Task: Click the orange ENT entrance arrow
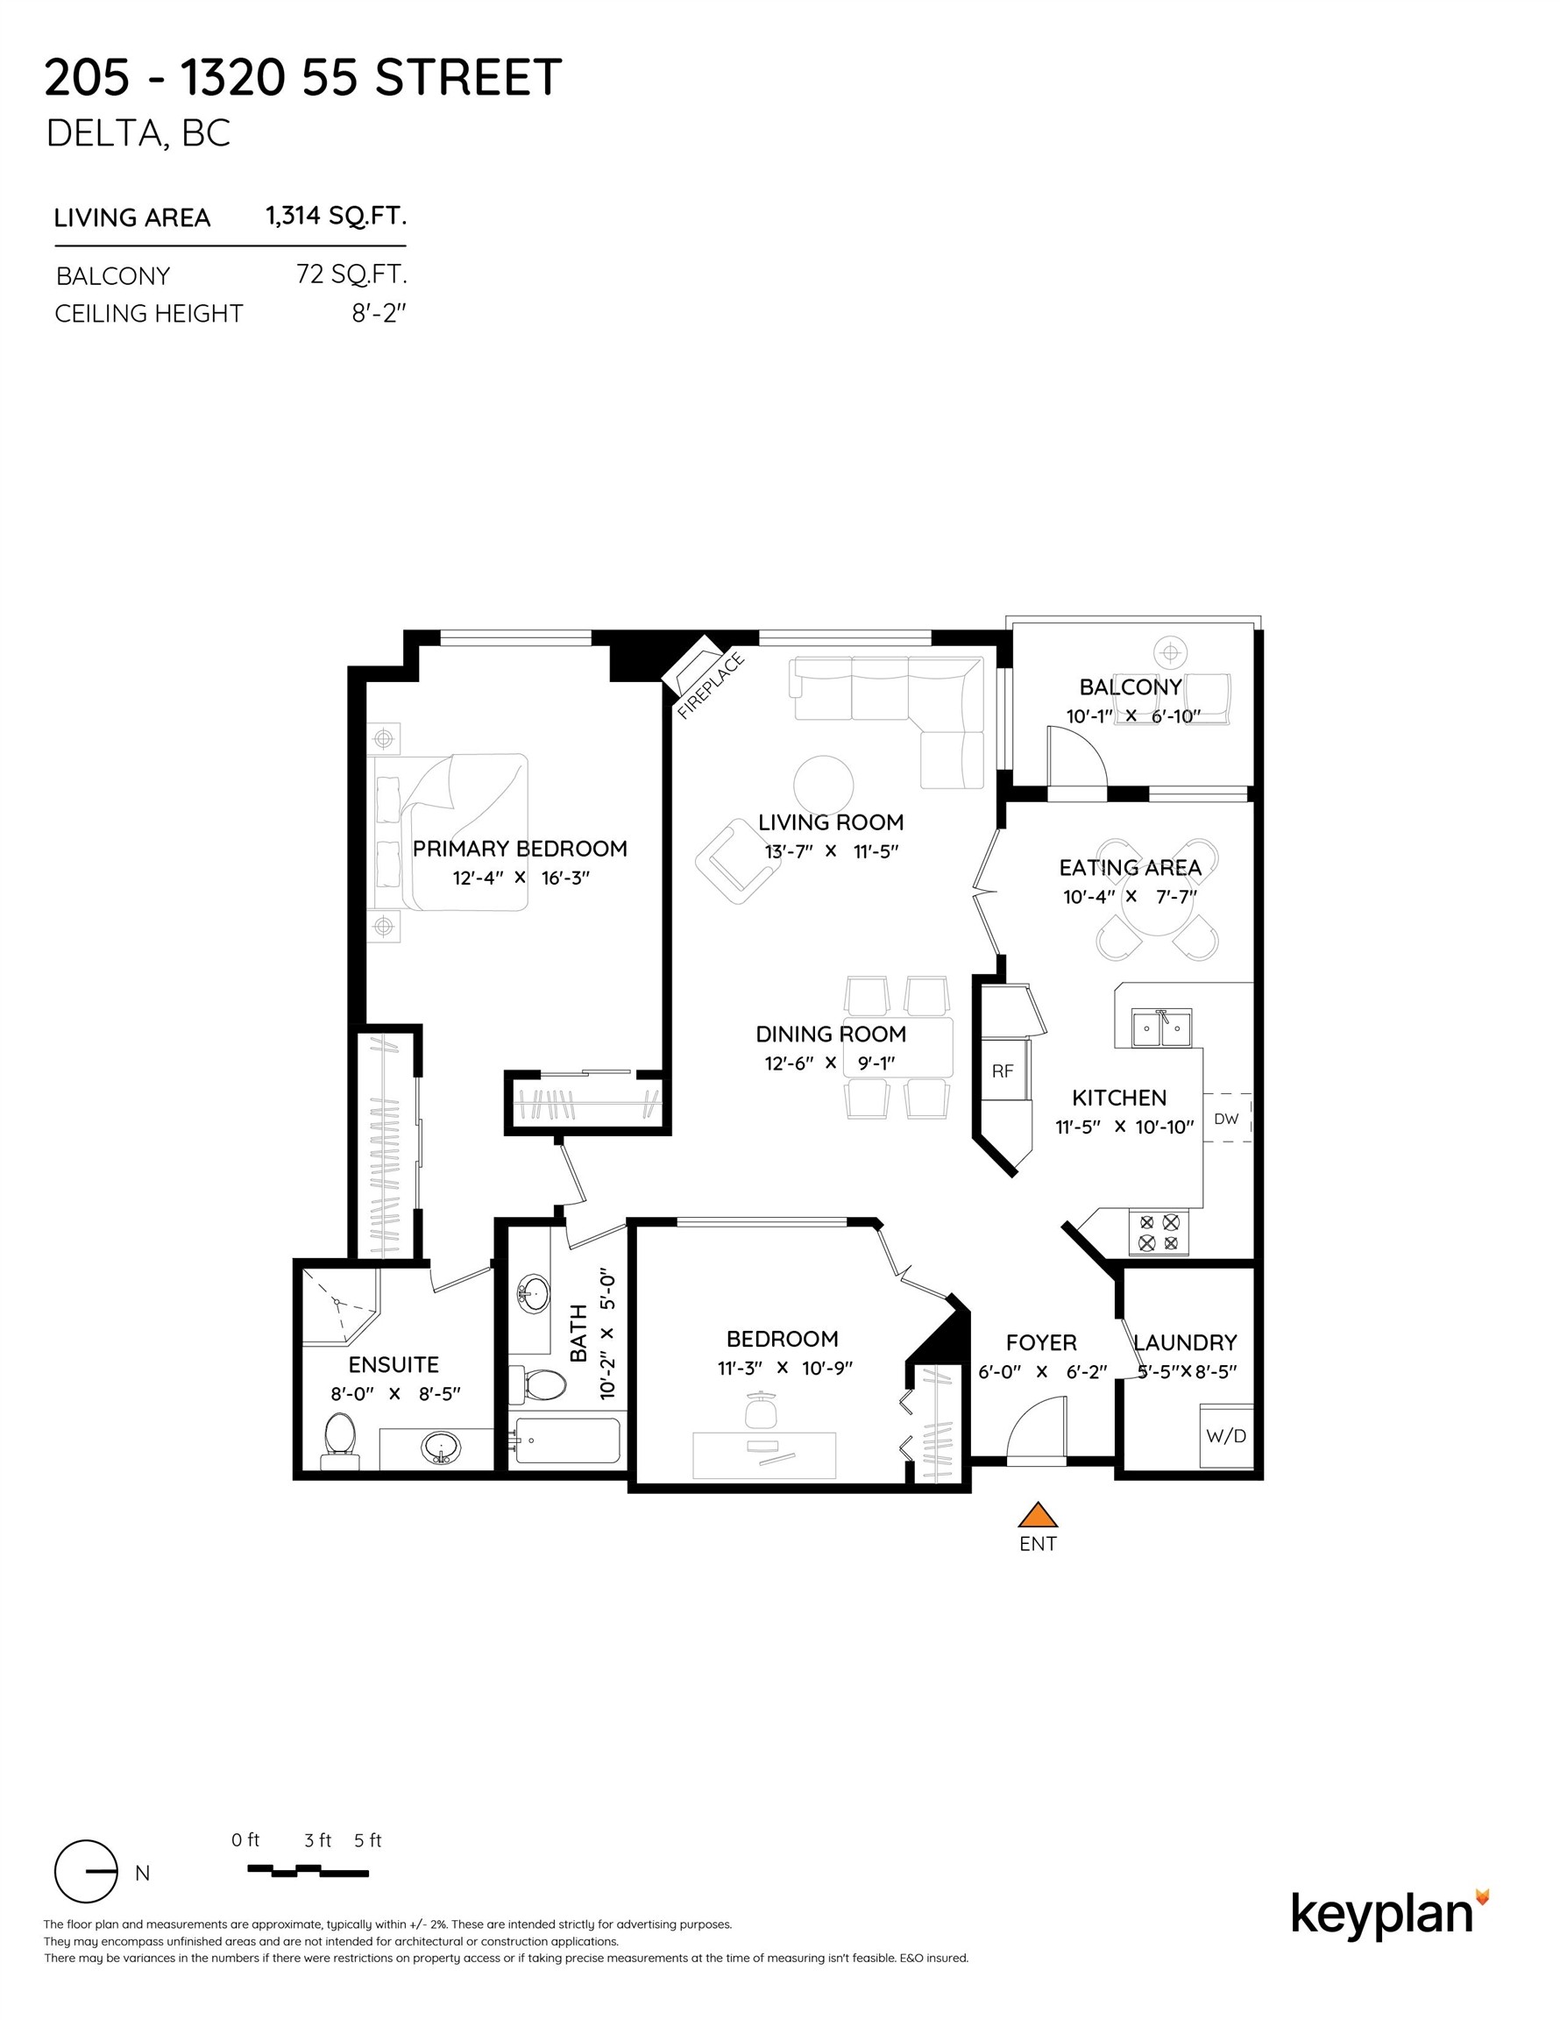click(1038, 1514)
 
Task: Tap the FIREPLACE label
click(710, 686)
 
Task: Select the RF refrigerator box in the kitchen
click(1003, 1071)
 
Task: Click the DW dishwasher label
click(1226, 1118)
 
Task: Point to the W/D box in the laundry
click(1226, 1435)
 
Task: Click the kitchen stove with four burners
click(1159, 1232)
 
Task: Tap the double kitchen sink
click(1161, 1028)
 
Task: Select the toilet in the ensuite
click(339, 1440)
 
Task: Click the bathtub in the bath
click(567, 1441)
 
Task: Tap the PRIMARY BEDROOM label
click(520, 848)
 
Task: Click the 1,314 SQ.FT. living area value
click(336, 217)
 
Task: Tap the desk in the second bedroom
click(764, 1455)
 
